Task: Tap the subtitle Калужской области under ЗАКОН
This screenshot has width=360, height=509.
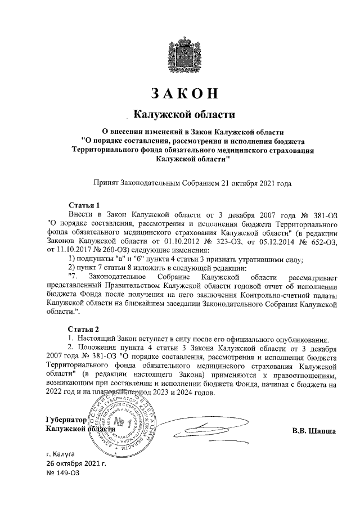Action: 183,116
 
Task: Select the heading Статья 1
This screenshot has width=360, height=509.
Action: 84,205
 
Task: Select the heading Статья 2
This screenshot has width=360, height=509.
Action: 84,329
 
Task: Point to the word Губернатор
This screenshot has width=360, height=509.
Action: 65,420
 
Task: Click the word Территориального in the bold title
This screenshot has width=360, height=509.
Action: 107,150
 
